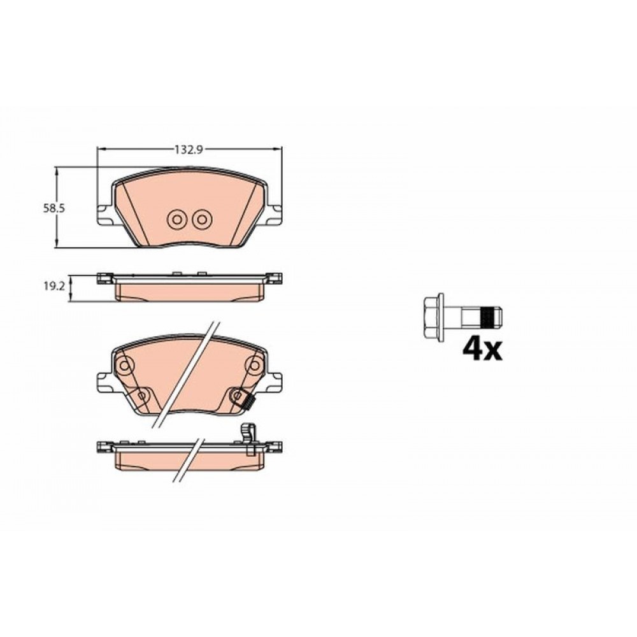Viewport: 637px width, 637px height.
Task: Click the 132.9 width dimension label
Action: point(189,150)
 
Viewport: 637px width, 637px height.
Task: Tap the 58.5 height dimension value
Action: point(54,208)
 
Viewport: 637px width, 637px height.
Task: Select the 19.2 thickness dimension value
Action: point(54,286)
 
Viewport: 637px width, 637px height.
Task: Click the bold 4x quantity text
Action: point(482,348)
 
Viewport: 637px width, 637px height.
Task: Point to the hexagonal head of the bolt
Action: point(434,317)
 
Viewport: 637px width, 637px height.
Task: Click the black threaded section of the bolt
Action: point(489,317)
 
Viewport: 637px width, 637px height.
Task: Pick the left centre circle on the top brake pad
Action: point(176,220)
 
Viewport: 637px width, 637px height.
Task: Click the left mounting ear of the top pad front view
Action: point(105,215)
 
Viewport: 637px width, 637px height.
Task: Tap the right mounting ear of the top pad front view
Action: point(273,215)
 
